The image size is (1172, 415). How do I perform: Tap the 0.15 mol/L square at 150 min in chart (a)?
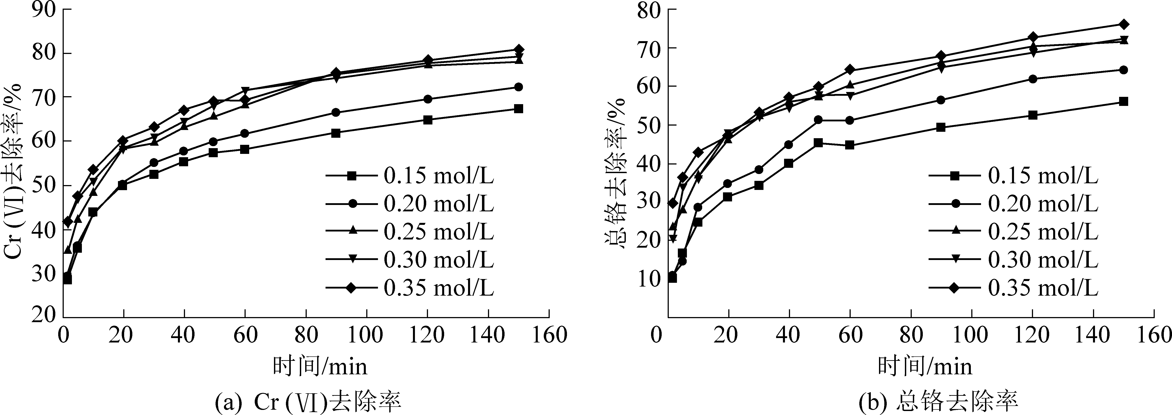(x=518, y=109)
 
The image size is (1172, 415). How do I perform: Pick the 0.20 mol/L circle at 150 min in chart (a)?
(x=518, y=87)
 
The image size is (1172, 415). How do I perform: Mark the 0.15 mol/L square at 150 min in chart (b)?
(x=1123, y=101)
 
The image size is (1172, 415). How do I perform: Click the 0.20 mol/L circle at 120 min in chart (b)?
(x=1033, y=79)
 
